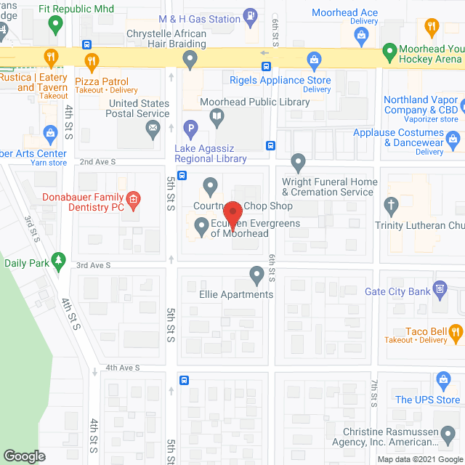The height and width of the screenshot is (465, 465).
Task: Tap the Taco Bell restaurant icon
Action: click(456, 332)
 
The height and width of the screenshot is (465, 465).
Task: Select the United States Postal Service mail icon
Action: click(153, 131)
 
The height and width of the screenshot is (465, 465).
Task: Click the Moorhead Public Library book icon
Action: click(217, 116)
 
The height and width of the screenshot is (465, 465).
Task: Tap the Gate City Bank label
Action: click(397, 291)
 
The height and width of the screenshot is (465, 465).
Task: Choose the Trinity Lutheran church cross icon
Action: click(392, 206)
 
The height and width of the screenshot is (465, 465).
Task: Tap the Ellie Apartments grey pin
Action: click(256, 275)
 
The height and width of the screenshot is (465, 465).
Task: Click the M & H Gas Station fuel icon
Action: click(250, 14)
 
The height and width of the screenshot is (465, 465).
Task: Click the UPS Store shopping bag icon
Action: click(443, 379)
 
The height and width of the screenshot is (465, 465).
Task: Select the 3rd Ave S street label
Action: click(94, 265)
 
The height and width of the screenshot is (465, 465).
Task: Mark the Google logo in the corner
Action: click(24, 456)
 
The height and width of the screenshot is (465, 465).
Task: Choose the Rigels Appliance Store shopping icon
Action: click(314, 60)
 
